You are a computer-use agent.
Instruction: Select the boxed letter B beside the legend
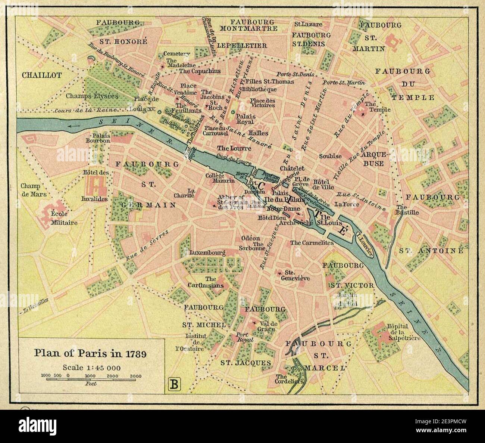coord(174,384)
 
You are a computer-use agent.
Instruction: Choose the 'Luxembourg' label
coord(207,253)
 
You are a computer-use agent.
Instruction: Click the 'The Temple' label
coord(378,107)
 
